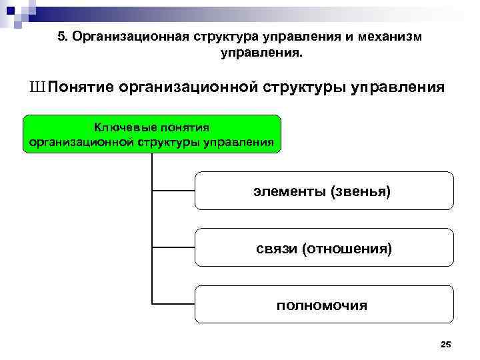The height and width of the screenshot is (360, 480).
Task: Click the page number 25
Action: point(446,344)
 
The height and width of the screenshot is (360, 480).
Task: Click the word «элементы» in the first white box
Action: point(290,191)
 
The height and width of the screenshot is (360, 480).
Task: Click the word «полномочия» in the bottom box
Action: point(322,306)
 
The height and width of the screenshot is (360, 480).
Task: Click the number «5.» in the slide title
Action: point(63,37)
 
